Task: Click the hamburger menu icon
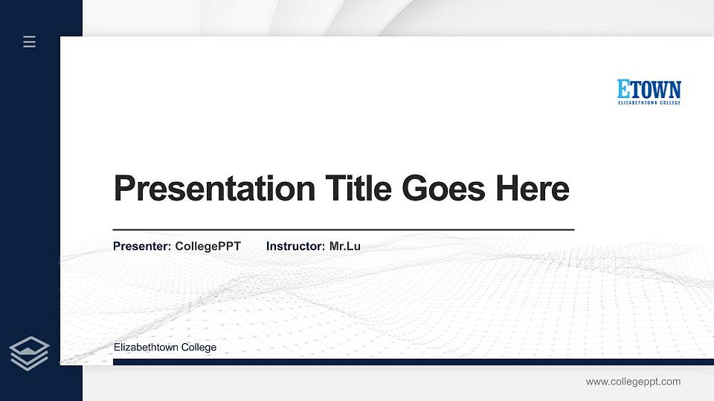pyautogui.click(x=30, y=42)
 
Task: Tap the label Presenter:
pyautogui.click(x=142, y=246)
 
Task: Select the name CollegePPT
pyautogui.click(x=208, y=246)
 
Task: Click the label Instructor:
pyautogui.click(x=296, y=246)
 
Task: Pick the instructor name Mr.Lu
pyautogui.click(x=344, y=246)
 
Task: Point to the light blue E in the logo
pyautogui.click(x=623, y=89)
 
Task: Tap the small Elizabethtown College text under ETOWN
pyautogui.click(x=649, y=103)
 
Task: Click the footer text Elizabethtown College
pyautogui.click(x=165, y=348)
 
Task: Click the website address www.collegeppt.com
pyautogui.click(x=633, y=382)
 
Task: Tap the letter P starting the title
pyautogui.click(x=124, y=189)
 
